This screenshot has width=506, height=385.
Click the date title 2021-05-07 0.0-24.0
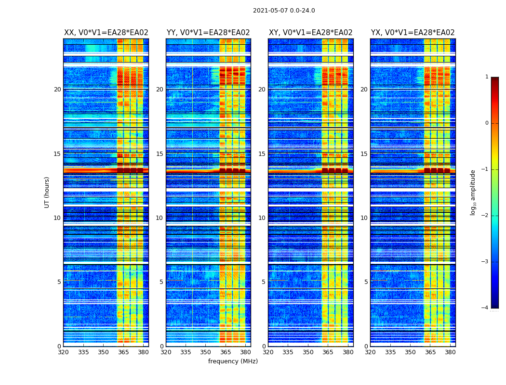click(284, 11)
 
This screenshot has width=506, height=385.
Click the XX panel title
click(106, 33)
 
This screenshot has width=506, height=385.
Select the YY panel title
click(208, 33)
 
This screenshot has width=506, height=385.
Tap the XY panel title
click(310, 33)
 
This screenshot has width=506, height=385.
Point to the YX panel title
click(413, 33)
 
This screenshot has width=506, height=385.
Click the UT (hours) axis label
click(47, 192)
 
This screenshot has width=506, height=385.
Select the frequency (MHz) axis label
click(233, 361)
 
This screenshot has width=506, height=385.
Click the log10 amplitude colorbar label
click(473, 192)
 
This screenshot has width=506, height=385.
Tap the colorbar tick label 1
click(487, 77)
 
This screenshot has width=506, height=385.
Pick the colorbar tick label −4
click(486, 308)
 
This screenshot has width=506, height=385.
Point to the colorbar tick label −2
click(486, 216)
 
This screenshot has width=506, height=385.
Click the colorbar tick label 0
click(487, 123)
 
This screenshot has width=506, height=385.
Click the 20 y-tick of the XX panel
click(57, 90)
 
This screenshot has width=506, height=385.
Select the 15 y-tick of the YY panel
click(160, 154)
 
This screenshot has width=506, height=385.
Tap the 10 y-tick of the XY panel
click(262, 218)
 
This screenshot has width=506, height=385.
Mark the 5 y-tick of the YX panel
click(366, 282)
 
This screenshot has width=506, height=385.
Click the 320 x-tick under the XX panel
click(63, 352)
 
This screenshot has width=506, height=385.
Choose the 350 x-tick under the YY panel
click(206, 352)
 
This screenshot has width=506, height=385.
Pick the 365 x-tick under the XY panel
click(328, 352)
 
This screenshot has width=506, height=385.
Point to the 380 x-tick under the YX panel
click(450, 352)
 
